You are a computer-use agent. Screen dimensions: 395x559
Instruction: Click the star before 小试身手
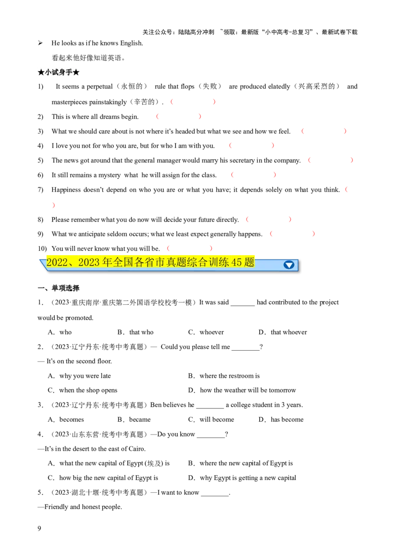41,73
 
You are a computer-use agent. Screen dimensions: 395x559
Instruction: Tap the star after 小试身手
77,73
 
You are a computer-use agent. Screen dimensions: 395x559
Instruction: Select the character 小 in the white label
48,73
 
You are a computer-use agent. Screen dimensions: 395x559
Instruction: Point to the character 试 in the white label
55,73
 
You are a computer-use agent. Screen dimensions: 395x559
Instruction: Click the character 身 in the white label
62,73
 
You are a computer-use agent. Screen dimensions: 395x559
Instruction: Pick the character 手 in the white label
69,73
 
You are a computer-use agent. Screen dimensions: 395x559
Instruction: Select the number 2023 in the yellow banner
89,263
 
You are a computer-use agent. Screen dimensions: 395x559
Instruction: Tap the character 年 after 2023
107,263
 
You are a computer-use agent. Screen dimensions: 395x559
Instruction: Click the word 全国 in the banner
123,263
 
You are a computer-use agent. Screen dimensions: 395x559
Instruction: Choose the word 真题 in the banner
177,263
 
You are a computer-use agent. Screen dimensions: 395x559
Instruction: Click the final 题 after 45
249,263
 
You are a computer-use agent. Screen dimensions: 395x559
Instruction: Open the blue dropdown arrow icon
289,265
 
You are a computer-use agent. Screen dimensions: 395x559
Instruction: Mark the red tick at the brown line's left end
53,205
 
